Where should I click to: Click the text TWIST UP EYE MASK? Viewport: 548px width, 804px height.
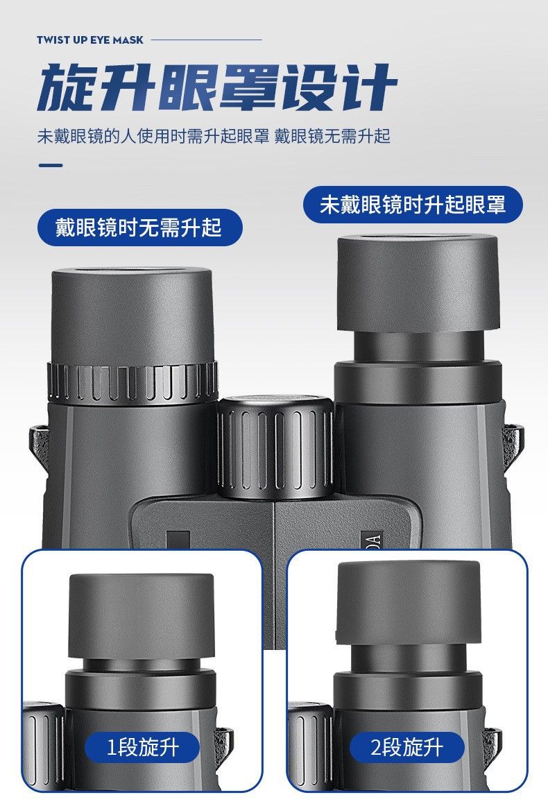89,40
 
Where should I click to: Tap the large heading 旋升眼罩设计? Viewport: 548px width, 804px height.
217,87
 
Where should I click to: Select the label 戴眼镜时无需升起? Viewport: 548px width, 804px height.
139,227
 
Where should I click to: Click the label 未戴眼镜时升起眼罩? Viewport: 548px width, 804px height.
413,205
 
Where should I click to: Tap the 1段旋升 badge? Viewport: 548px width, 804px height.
142,748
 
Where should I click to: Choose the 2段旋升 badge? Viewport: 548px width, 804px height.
406,748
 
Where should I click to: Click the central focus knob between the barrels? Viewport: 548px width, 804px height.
276,446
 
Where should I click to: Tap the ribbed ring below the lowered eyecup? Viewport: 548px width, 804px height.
132,382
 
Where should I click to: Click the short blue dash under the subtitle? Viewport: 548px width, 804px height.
51,165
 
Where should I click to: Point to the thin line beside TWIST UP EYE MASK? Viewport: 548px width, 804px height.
207,40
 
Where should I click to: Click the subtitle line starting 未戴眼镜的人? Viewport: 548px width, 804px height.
213,137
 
